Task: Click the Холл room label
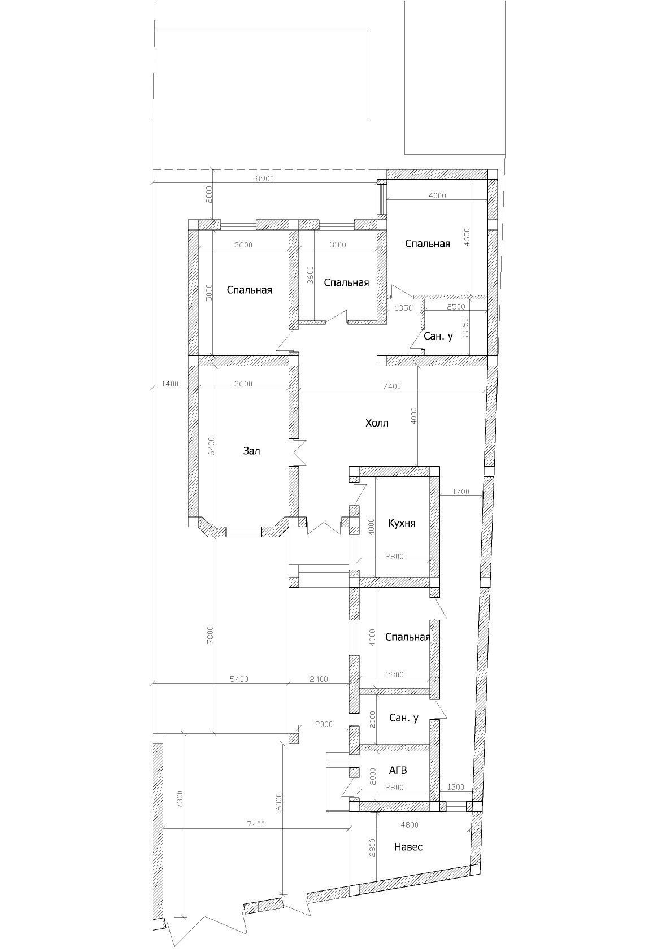377,423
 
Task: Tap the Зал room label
251,451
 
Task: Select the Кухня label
402,523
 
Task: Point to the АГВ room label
398,770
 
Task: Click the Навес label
408,859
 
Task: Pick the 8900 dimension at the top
265,179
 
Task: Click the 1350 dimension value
403,308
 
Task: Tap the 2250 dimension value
467,328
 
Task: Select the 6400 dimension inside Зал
212,447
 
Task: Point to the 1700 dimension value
460,492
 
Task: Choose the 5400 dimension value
239,679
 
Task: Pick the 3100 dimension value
337,245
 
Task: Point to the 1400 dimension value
170,384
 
